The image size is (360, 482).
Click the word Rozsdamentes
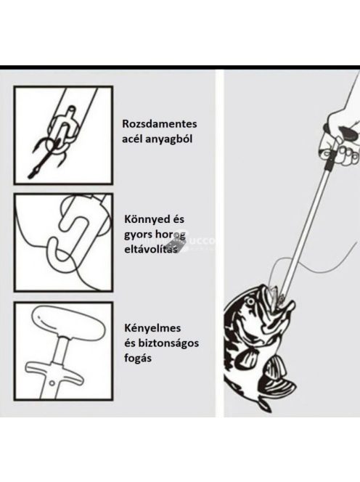coord(160,124)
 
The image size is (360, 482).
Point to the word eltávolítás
coord(151,248)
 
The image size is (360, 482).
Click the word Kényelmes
coord(152,328)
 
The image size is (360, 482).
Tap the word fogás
coord(138,359)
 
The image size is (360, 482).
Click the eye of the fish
coord(251,301)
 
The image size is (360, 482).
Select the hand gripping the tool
coord(342,135)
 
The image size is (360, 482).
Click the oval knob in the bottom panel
coord(69,323)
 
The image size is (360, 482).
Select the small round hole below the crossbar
coord(52,383)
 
